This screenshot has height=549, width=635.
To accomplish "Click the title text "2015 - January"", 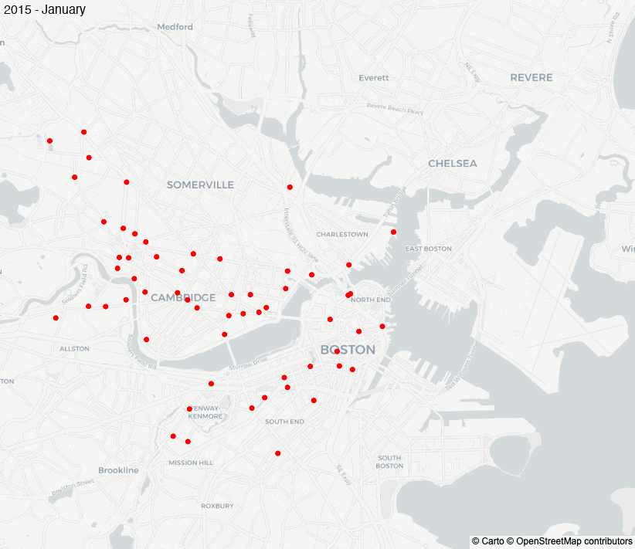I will click(44, 10).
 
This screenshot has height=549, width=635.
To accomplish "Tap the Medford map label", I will click(175, 27).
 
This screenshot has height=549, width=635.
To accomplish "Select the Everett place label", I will click(374, 78).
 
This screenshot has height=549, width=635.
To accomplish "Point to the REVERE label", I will click(531, 78).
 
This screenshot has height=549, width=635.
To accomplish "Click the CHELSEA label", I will click(453, 164).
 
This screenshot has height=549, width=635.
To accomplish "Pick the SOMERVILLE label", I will click(200, 185).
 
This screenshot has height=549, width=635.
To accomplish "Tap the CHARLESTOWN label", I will click(342, 234).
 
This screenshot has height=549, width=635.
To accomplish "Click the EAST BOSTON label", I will click(428, 249).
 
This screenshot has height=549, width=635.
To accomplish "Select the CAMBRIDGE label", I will click(183, 298).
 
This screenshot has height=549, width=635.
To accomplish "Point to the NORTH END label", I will click(372, 300).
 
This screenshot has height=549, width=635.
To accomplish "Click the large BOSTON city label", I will click(348, 350).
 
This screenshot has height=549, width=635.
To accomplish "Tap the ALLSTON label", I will click(75, 349).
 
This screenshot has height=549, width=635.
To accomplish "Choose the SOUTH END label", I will click(284, 422).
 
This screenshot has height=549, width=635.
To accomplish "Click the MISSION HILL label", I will click(191, 463).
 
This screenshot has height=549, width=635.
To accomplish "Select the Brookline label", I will click(118, 470).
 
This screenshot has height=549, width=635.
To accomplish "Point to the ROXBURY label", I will click(217, 506).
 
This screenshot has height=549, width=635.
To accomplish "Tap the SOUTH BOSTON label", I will click(389, 462).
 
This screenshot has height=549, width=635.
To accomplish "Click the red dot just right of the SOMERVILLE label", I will click(290, 187).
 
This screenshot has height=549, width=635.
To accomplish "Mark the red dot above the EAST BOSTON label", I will click(393, 232).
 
